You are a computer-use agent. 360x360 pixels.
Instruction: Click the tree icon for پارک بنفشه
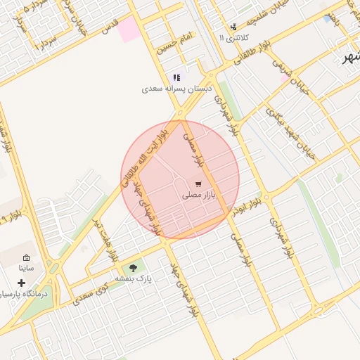click(132, 268)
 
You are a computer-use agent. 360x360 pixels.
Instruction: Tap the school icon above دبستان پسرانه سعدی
click(176, 78)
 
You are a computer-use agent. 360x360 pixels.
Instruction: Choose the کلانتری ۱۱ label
click(232, 37)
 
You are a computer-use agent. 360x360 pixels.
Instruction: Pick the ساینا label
click(27, 269)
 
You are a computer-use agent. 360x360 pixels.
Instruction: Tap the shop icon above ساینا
click(27, 258)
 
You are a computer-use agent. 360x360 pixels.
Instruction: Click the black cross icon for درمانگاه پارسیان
click(22, 282)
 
